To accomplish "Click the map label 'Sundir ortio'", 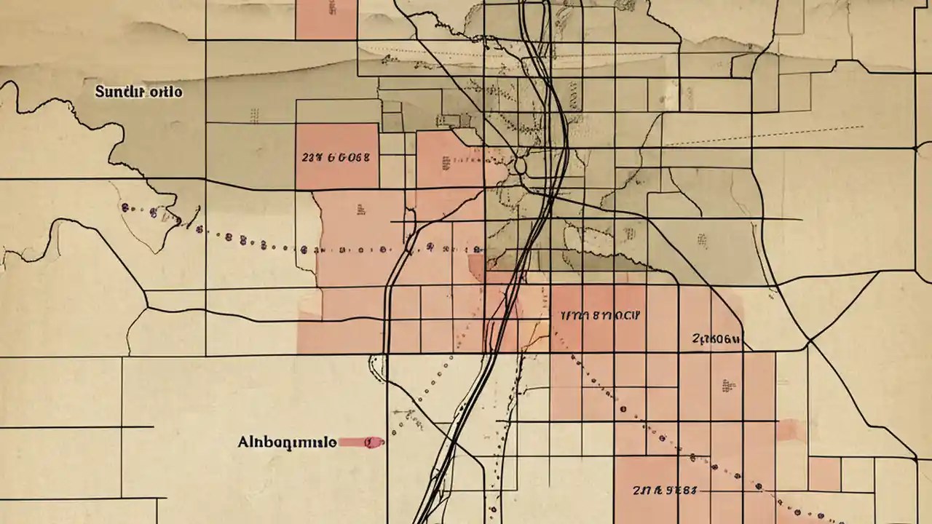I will coord(138,92).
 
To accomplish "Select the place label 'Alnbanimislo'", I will coord(287,442).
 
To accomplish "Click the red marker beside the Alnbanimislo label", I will coord(362,442).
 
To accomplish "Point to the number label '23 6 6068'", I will coord(336,156).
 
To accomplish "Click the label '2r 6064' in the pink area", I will coord(716,339).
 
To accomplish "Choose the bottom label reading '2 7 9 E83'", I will coord(665,491).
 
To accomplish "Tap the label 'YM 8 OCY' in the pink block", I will coord(600,316).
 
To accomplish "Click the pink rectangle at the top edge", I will coord(326,19).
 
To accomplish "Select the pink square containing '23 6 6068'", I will coord(336,156).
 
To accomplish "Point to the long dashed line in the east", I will coord(765,136).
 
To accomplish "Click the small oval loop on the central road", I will coord(520,166).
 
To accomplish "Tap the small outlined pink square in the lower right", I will coord(824,474).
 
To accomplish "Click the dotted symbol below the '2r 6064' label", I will coord(726,385).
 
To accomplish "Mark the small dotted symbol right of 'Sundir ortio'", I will coord(254,116).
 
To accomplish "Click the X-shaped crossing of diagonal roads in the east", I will coord(808,341).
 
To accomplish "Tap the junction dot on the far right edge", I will coord(915,148).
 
